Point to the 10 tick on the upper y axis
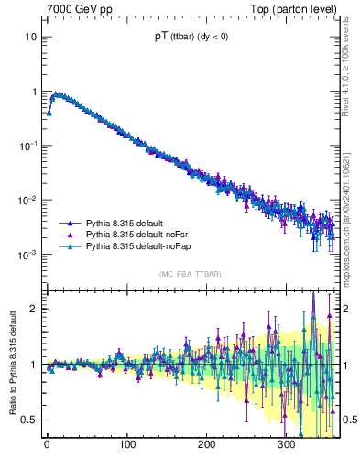31,38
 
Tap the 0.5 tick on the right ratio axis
349,420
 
